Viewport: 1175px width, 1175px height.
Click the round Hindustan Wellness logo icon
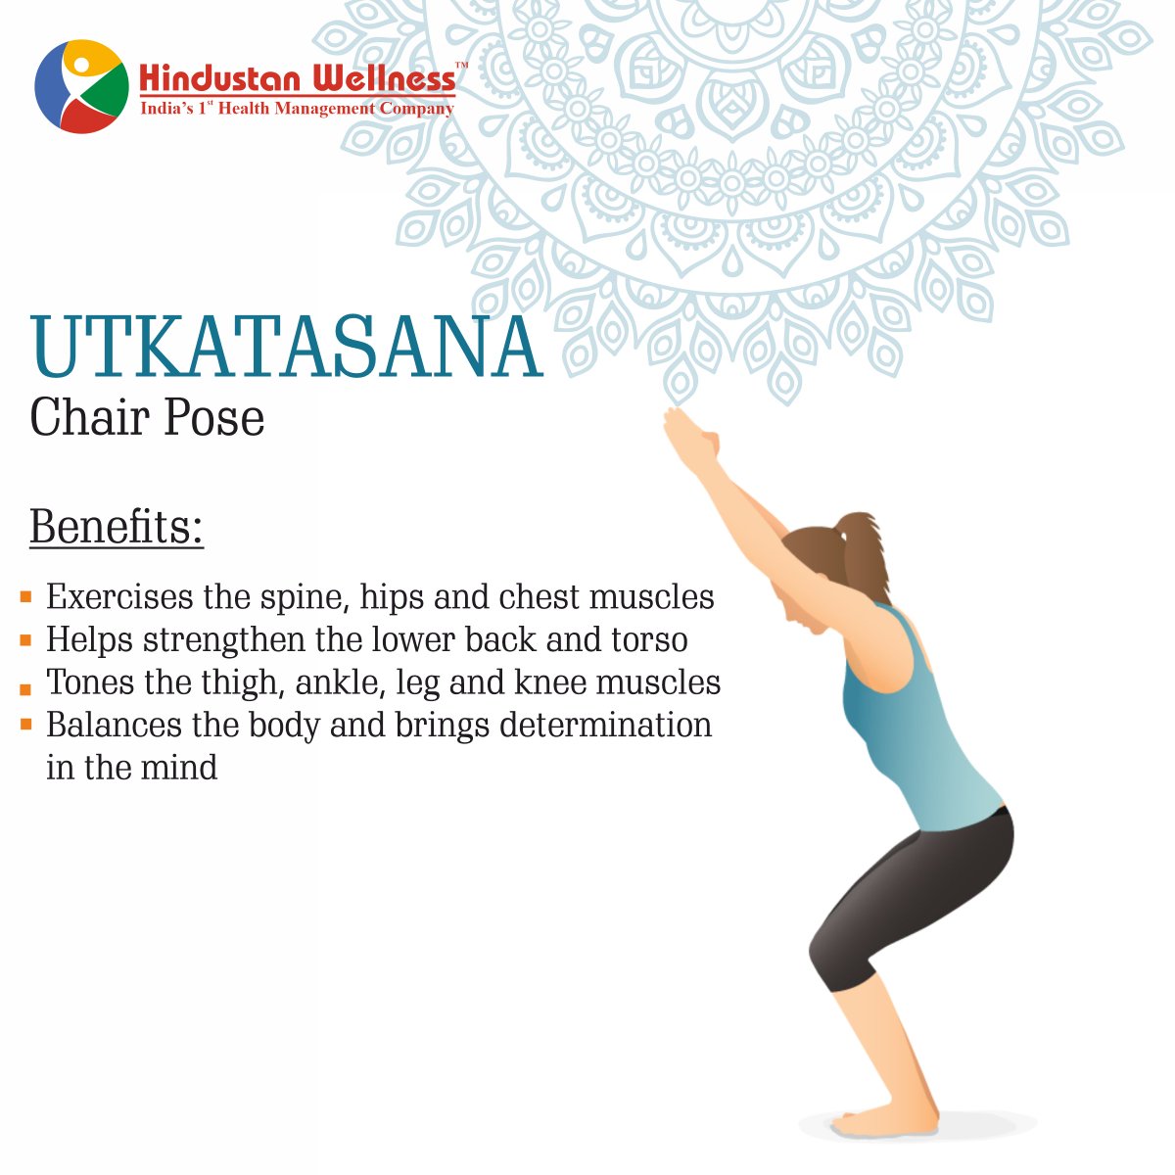pyautogui.click(x=81, y=86)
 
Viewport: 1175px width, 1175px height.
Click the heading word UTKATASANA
pyautogui.click(x=286, y=348)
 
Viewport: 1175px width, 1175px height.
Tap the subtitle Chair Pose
pyautogui.click(x=147, y=418)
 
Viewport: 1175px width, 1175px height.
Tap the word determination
pyautogui.click(x=605, y=726)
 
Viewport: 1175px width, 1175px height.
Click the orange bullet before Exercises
pyautogui.click(x=25, y=596)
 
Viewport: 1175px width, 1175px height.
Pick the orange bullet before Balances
pyautogui.click(x=25, y=725)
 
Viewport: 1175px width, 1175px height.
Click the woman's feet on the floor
pyautogui.click(x=881, y=1121)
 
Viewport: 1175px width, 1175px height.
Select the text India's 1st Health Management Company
pyautogui.click(x=297, y=109)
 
